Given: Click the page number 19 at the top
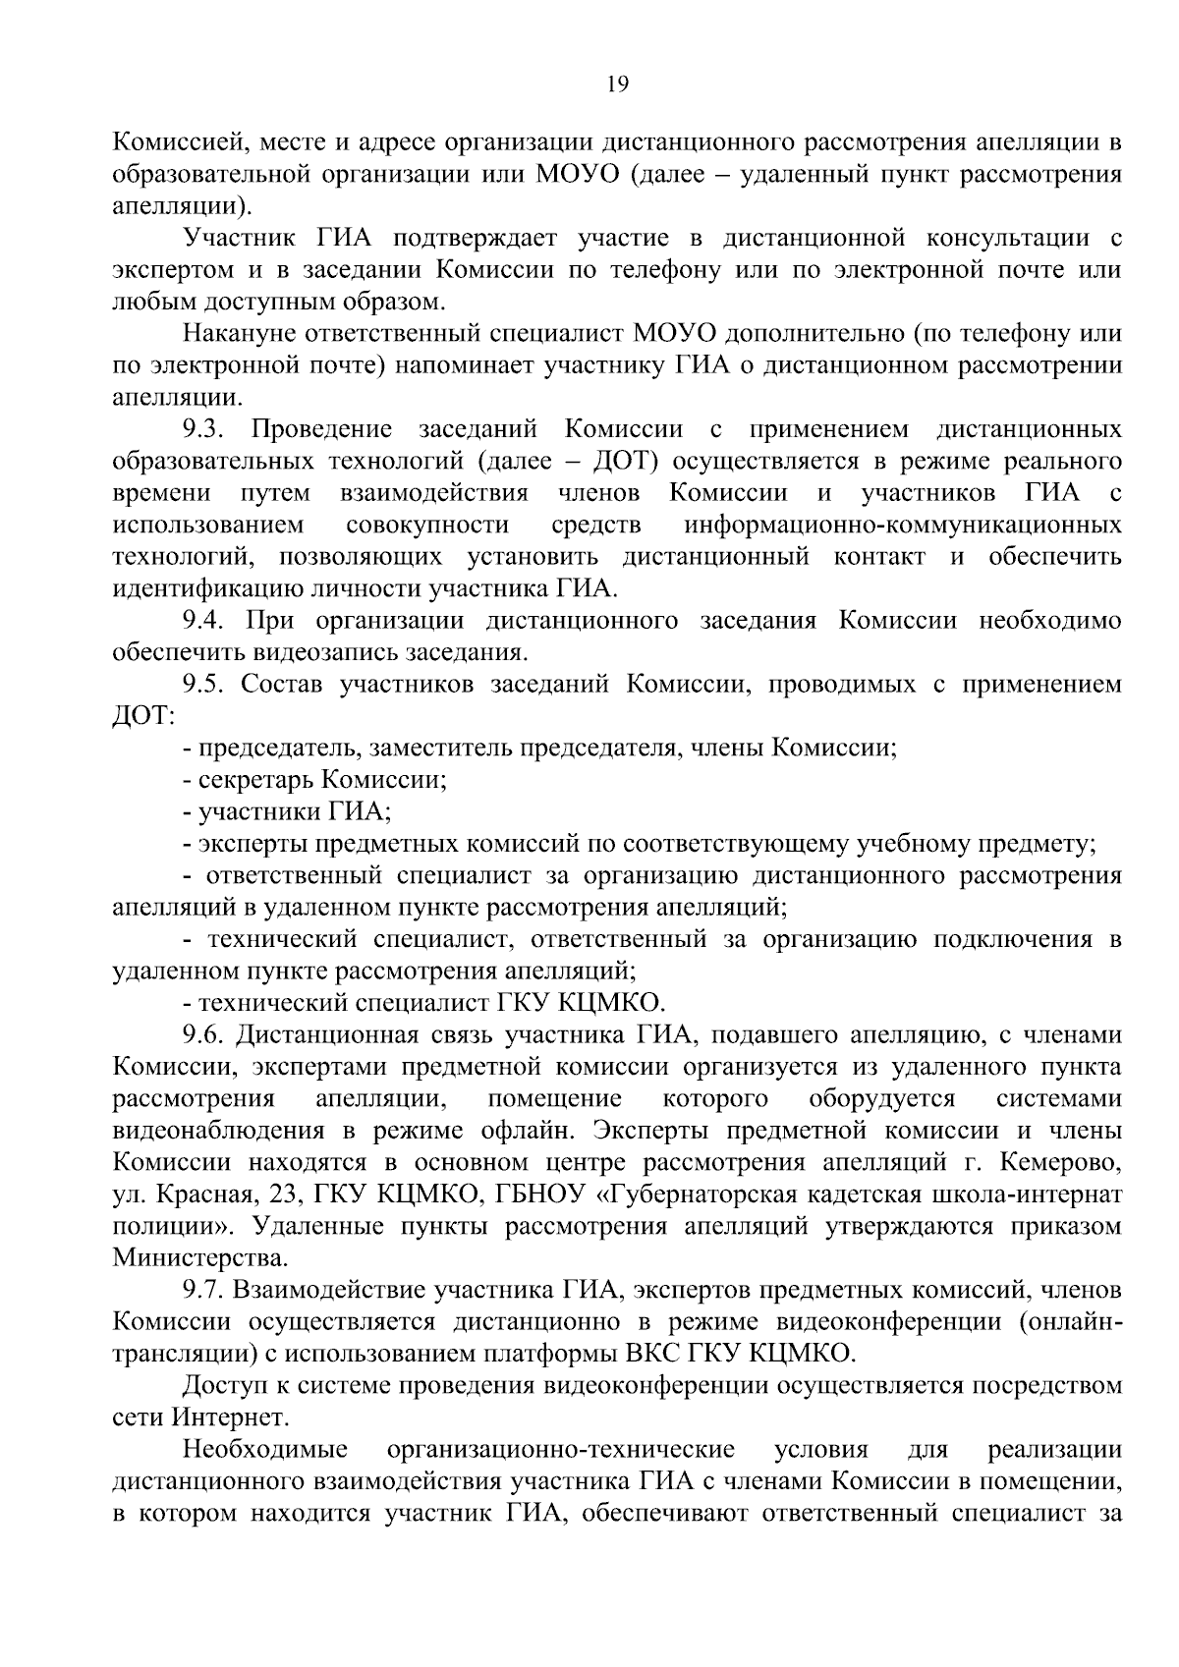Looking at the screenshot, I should pyautogui.click(x=617, y=83).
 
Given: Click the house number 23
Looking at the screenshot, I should pyautogui.click(x=272, y=1195).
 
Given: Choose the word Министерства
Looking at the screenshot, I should pyautogui.click(x=200, y=1258).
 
